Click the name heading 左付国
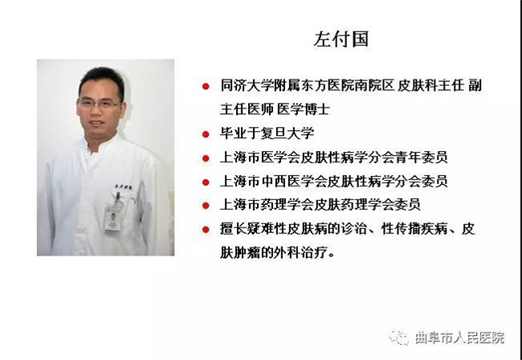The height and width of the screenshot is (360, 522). click(x=341, y=39)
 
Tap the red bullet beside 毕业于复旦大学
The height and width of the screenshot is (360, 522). click(x=206, y=134)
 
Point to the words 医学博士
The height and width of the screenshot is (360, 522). click(x=304, y=109)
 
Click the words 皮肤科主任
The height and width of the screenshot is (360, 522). click(x=430, y=86)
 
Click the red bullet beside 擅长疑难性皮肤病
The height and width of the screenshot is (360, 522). click(x=206, y=230)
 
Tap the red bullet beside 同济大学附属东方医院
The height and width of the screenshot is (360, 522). click(x=206, y=86)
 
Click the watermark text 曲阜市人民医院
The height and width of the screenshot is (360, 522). click(x=459, y=337)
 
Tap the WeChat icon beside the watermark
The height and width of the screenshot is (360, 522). click(x=399, y=337)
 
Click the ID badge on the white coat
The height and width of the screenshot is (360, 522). click(x=113, y=218)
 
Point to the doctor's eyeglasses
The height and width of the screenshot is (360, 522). click(x=99, y=104)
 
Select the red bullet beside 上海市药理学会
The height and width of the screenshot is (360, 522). click(x=206, y=206)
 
